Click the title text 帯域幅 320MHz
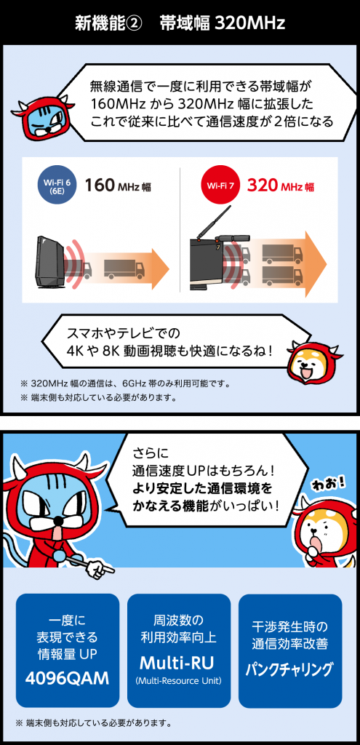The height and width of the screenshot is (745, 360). point(223,23)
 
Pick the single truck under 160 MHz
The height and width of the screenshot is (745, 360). point(124,269)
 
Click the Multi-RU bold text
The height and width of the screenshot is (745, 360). point(177,663)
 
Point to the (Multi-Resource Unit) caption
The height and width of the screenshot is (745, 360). point(178,681)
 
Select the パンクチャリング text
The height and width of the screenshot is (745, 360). point(289,670)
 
